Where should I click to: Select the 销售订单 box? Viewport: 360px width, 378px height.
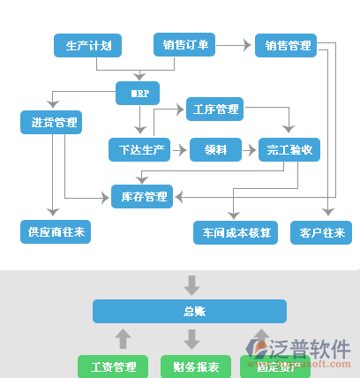click(185, 45)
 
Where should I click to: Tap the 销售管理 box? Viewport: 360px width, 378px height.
click(287, 45)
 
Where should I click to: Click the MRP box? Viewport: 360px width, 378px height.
click(138, 92)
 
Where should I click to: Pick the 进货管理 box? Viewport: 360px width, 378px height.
click(51, 123)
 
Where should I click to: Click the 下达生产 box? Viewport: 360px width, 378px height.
click(137, 150)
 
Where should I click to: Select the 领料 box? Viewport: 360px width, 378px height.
click(215, 150)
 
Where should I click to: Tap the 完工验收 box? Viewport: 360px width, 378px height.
click(289, 150)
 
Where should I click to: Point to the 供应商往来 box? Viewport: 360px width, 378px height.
click(55, 232)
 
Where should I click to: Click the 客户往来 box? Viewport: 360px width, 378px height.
click(321, 233)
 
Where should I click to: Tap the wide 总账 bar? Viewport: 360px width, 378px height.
click(191, 311)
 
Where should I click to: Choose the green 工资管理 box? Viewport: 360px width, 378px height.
click(113, 366)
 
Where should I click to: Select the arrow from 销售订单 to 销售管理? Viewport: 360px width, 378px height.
click(235, 44)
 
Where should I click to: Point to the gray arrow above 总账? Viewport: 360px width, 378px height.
click(191, 284)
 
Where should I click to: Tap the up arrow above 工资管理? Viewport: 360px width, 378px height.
click(124, 338)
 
